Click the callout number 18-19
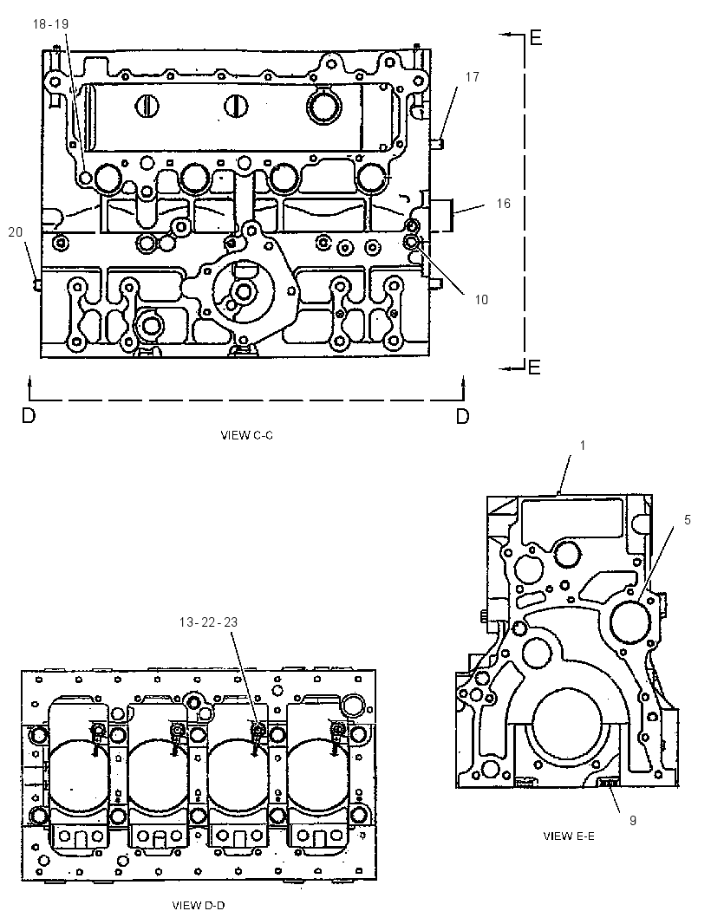(x=50, y=23)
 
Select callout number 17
(x=473, y=76)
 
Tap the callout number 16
(x=503, y=204)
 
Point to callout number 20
(x=16, y=232)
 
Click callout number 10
(x=481, y=299)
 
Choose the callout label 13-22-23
(x=208, y=622)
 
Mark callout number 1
(x=583, y=446)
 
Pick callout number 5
(x=688, y=520)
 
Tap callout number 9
(x=633, y=820)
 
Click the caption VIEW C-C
(x=246, y=435)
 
